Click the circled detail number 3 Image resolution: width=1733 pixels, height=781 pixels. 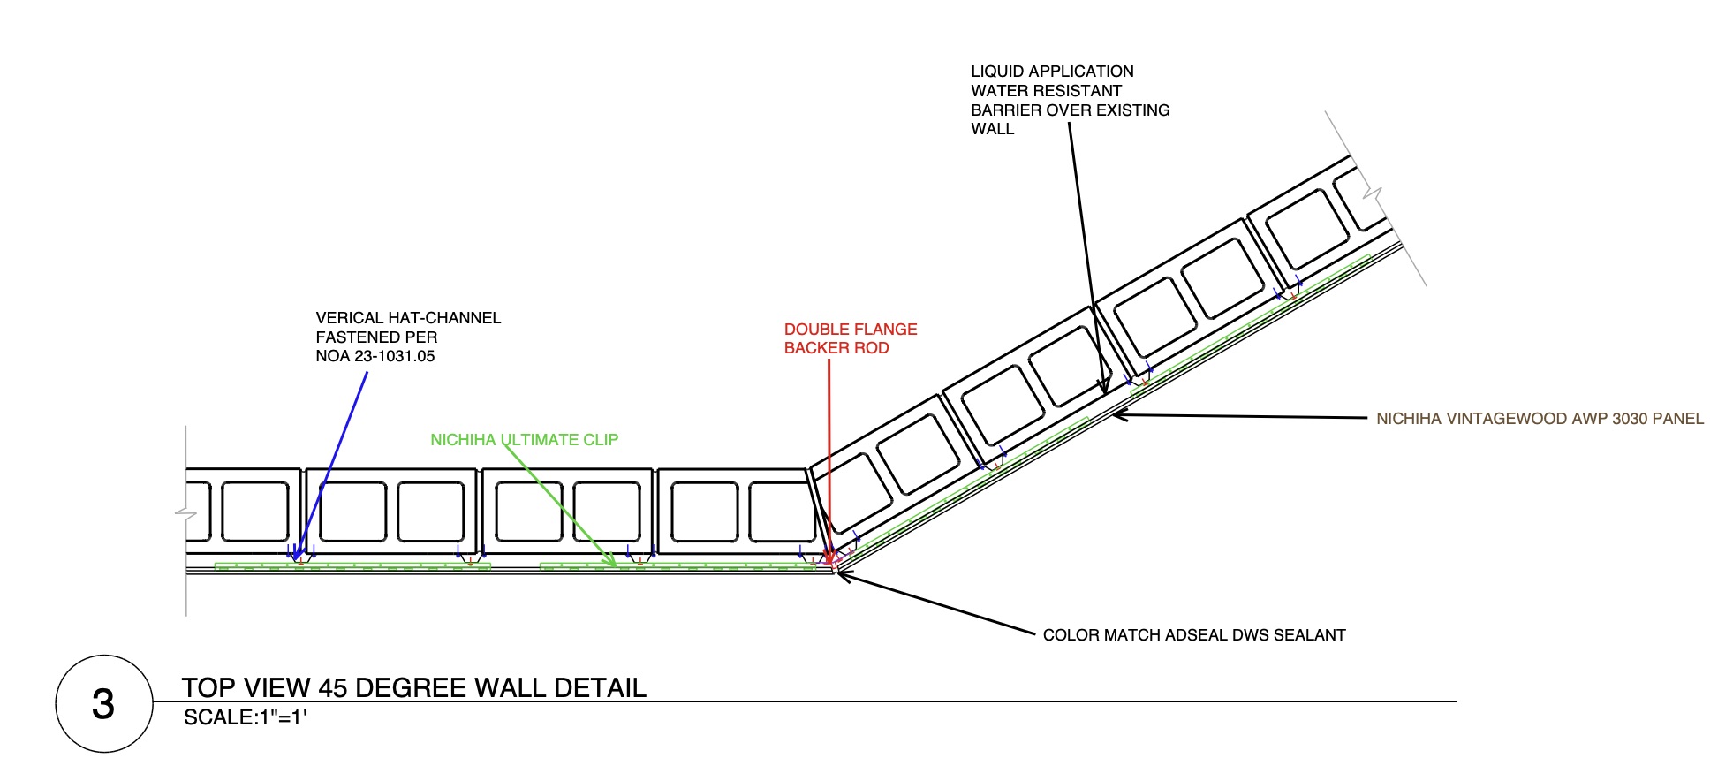click(103, 704)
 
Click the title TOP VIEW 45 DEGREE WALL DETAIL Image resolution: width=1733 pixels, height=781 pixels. click(413, 687)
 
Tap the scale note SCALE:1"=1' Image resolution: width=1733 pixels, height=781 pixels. click(245, 717)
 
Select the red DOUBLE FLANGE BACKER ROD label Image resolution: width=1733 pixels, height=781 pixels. click(850, 338)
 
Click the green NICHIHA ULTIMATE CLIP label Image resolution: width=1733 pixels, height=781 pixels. click(524, 439)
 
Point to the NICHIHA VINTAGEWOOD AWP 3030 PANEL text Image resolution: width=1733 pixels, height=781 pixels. click(1540, 419)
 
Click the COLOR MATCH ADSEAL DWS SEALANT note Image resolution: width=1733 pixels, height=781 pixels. click(1193, 635)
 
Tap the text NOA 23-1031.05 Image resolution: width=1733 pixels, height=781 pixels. click(375, 356)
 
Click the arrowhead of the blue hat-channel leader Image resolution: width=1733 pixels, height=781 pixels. click(297, 557)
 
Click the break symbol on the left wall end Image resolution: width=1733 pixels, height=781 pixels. click(185, 512)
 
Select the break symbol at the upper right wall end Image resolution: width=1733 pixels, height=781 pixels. click(1372, 192)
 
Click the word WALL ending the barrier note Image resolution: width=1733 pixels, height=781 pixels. click(992, 129)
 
